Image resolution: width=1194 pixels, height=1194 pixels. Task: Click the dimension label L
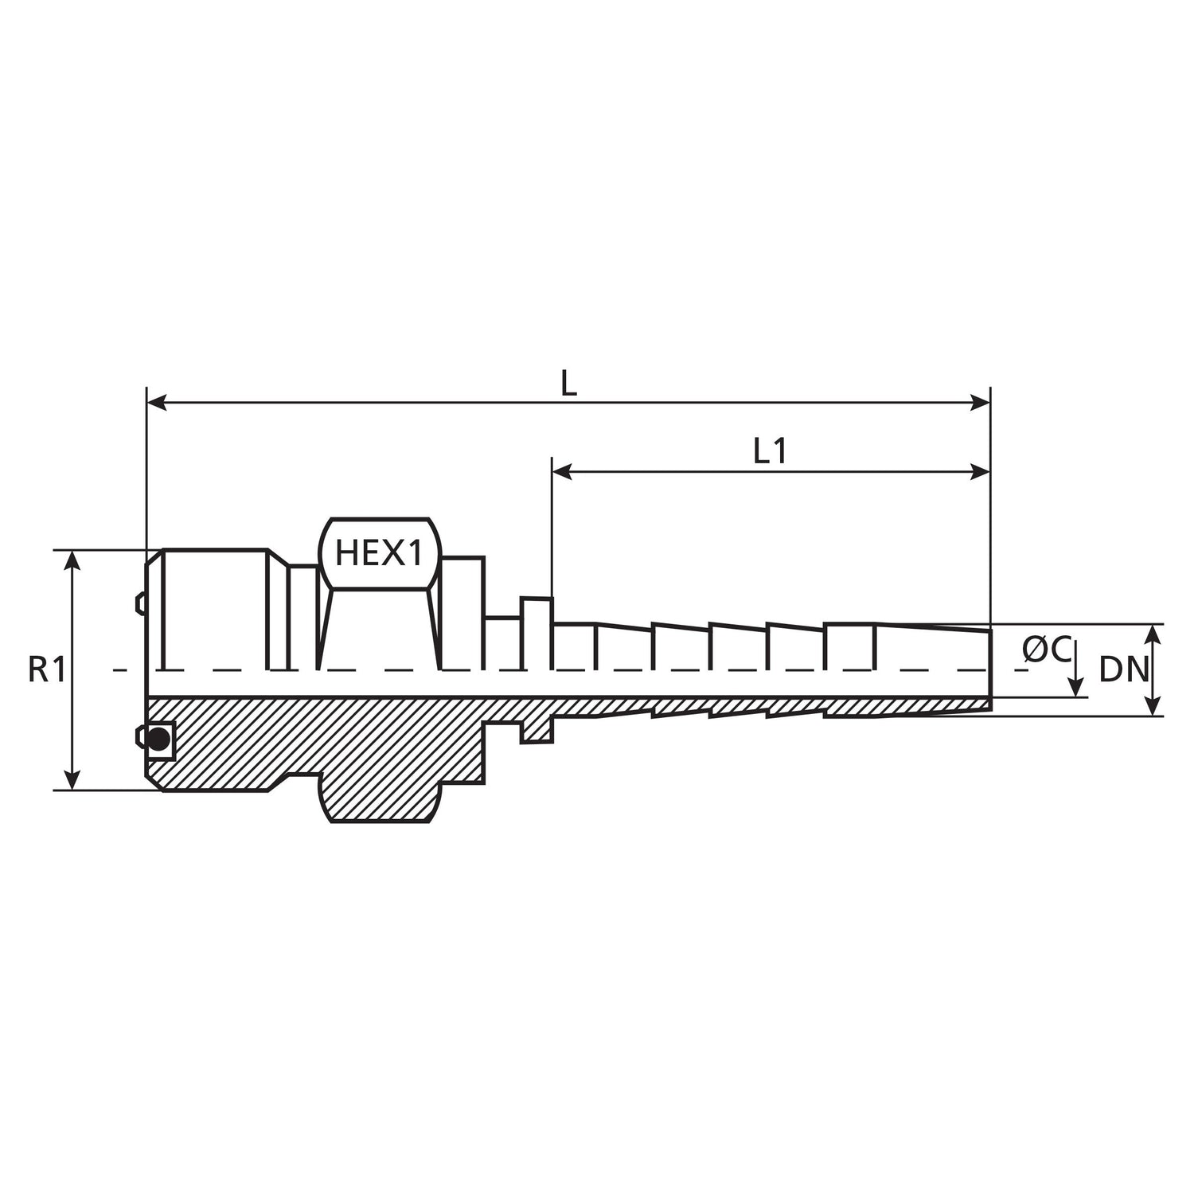(x=568, y=385)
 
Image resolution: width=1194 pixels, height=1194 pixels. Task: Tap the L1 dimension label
(x=770, y=453)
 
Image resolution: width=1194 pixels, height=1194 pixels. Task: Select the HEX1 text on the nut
(x=378, y=553)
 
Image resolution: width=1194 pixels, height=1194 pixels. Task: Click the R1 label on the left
(x=46, y=670)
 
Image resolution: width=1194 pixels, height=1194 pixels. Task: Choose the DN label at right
(x=1123, y=671)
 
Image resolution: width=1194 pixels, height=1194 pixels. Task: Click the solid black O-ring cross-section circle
(x=159, y=739)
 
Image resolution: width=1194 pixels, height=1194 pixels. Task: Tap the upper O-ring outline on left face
(x=140, y=603)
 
